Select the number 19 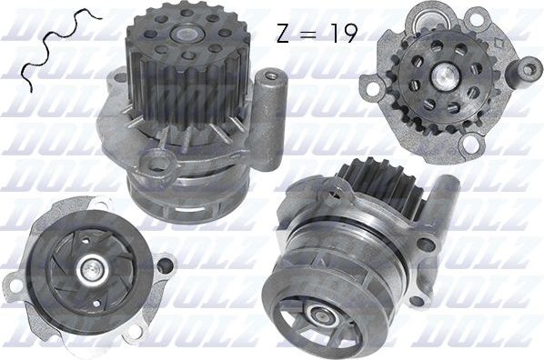[x=342, y=34]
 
